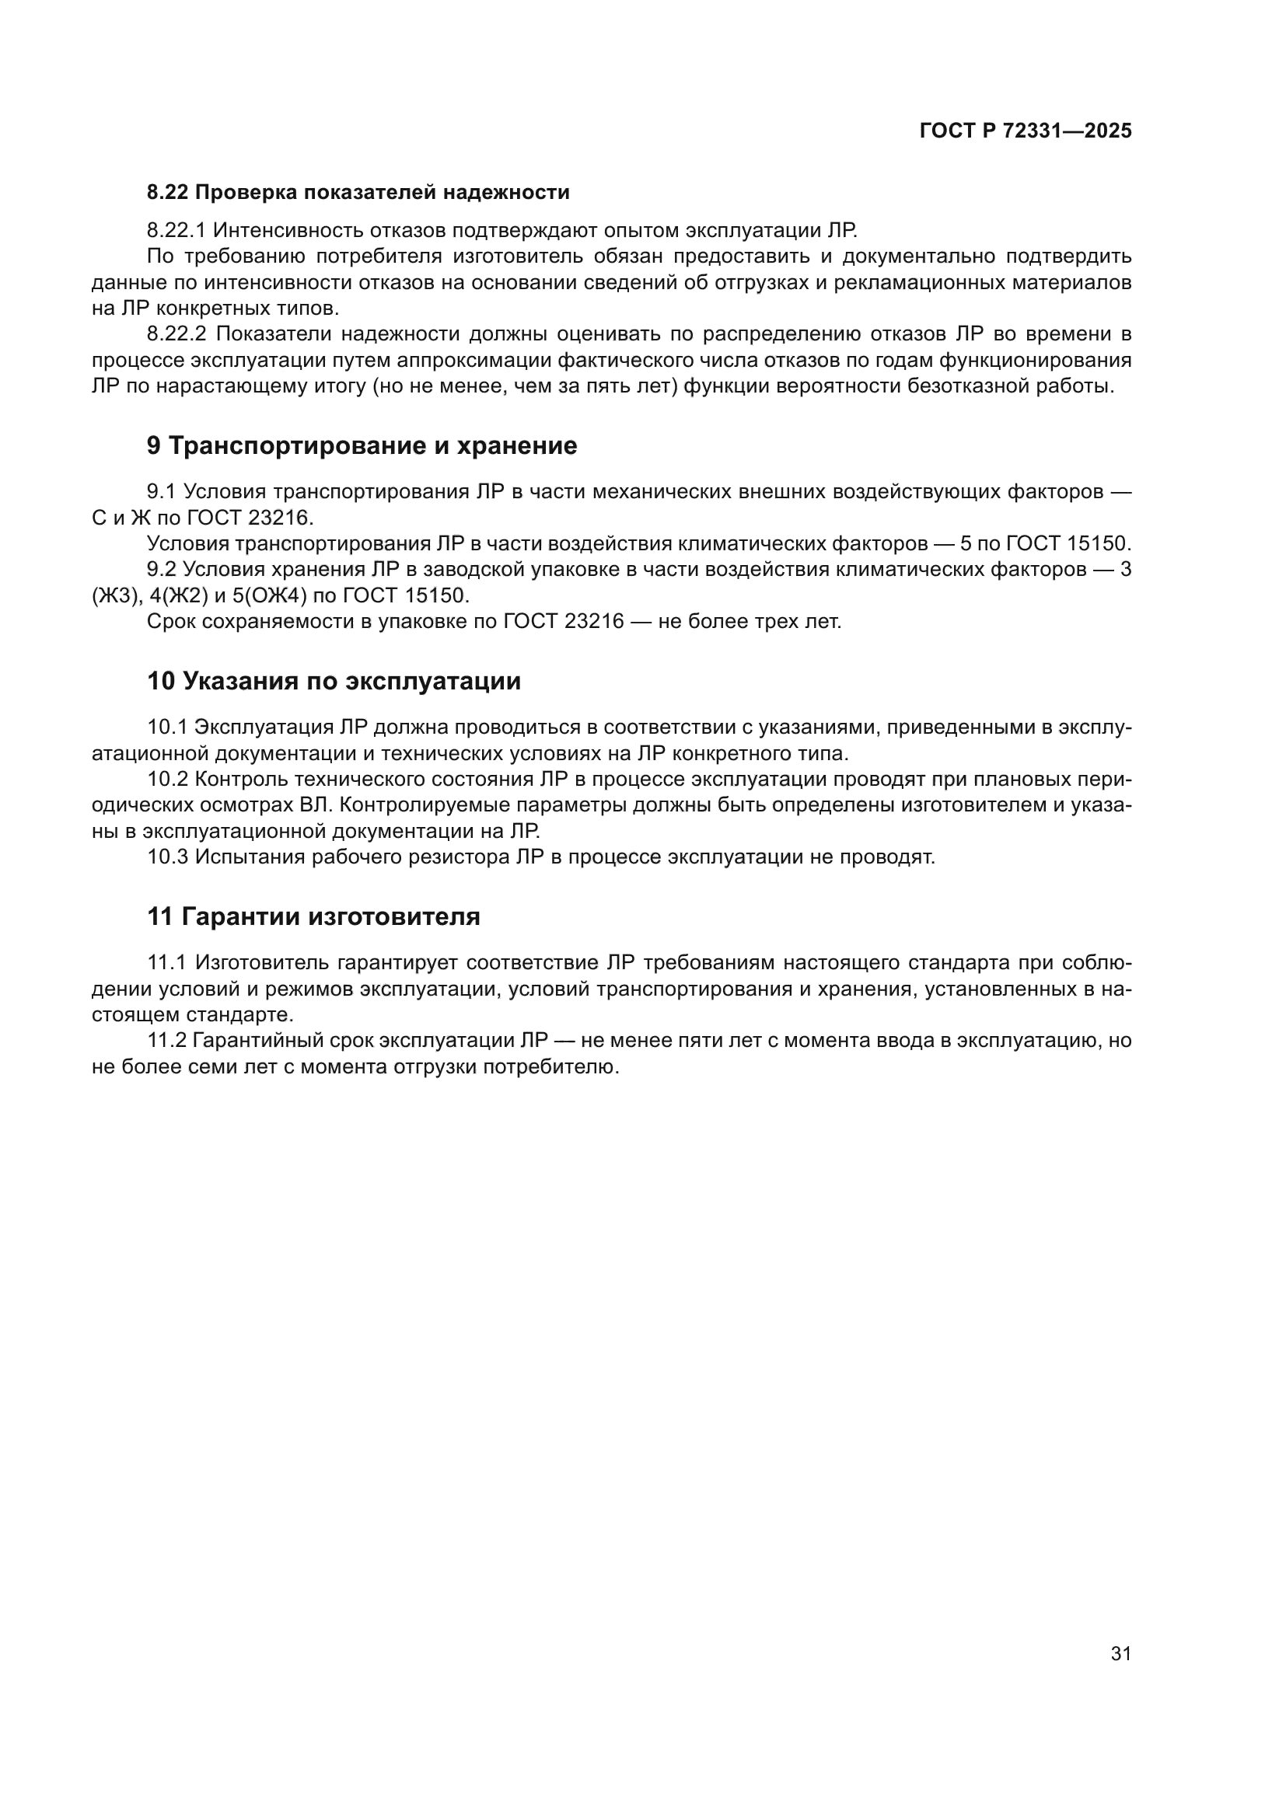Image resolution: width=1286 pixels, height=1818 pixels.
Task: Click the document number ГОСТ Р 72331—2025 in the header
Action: pyautogui.click(x=1026, y=131)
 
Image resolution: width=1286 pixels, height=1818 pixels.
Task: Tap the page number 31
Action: pyautogui.click(x=1120, y=1653)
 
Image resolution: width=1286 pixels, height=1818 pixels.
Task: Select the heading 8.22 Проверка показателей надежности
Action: pyautogui.click(x=358, y=193)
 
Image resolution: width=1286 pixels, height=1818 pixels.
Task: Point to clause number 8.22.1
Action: pyautogui.click(x=176, y=230)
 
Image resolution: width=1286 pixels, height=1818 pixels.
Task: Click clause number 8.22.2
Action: pyautogui.click(x=176, y=334)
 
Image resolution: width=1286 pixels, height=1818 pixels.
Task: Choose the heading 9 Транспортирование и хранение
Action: pyautogui.click(x=362, y=446)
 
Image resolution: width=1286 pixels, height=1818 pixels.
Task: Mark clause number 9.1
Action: pyautogui.click(x=161, y=492)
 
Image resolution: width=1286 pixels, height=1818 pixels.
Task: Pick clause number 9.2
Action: pyautogui.click(x=161, y=569)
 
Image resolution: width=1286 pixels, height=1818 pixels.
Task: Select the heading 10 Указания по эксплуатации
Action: pyautogui.click(x=334, y=681)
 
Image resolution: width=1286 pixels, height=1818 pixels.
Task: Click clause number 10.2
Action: pyautogui.click(x=167, y=779)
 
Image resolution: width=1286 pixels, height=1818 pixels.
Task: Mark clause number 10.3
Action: pyautogui.click(x=167, y=857)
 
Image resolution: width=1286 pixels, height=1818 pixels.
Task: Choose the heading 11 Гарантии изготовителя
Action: pyautogui.click(x=313, y=917)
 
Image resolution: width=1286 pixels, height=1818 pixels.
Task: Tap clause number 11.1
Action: pyautogui.click(x=166, y=963)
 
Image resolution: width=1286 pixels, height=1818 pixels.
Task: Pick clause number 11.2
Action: pyautogui.click(x=166, y=1041)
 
